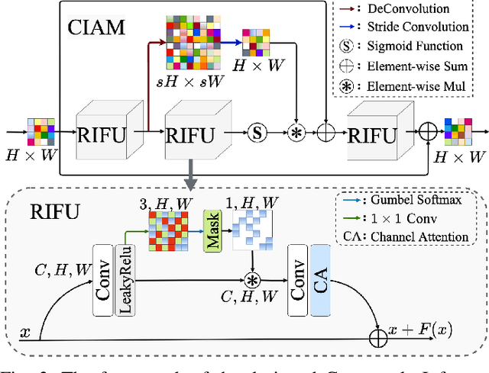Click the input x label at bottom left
pos(25,333)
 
